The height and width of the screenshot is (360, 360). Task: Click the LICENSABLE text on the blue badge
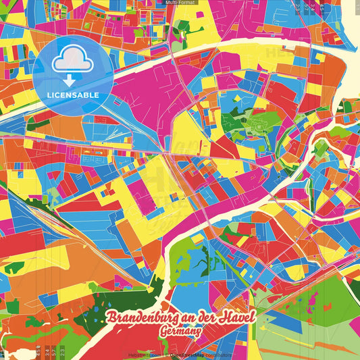[74, 95]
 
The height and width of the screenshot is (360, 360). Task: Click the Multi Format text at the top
[180, 3]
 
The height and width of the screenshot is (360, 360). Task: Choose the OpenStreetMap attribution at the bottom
[188, 354]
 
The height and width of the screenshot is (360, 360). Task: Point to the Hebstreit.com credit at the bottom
[143, 354]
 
